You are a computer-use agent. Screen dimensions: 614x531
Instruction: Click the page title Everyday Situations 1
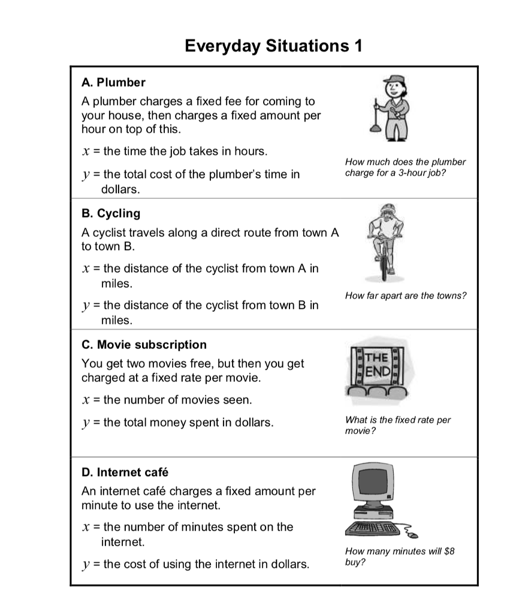273,46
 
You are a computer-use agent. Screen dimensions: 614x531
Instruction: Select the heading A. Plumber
113,82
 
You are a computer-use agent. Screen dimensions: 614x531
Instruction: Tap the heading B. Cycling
111,213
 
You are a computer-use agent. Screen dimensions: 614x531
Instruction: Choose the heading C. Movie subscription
144,345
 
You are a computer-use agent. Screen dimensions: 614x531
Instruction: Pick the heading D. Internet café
125,472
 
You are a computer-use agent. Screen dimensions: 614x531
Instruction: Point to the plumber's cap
391,79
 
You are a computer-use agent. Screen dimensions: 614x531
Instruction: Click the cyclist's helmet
387,209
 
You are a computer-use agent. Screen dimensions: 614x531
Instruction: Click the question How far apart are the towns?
406,296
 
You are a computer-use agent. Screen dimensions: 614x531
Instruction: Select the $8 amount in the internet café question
449,551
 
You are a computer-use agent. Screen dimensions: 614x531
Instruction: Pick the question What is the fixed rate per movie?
398,425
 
